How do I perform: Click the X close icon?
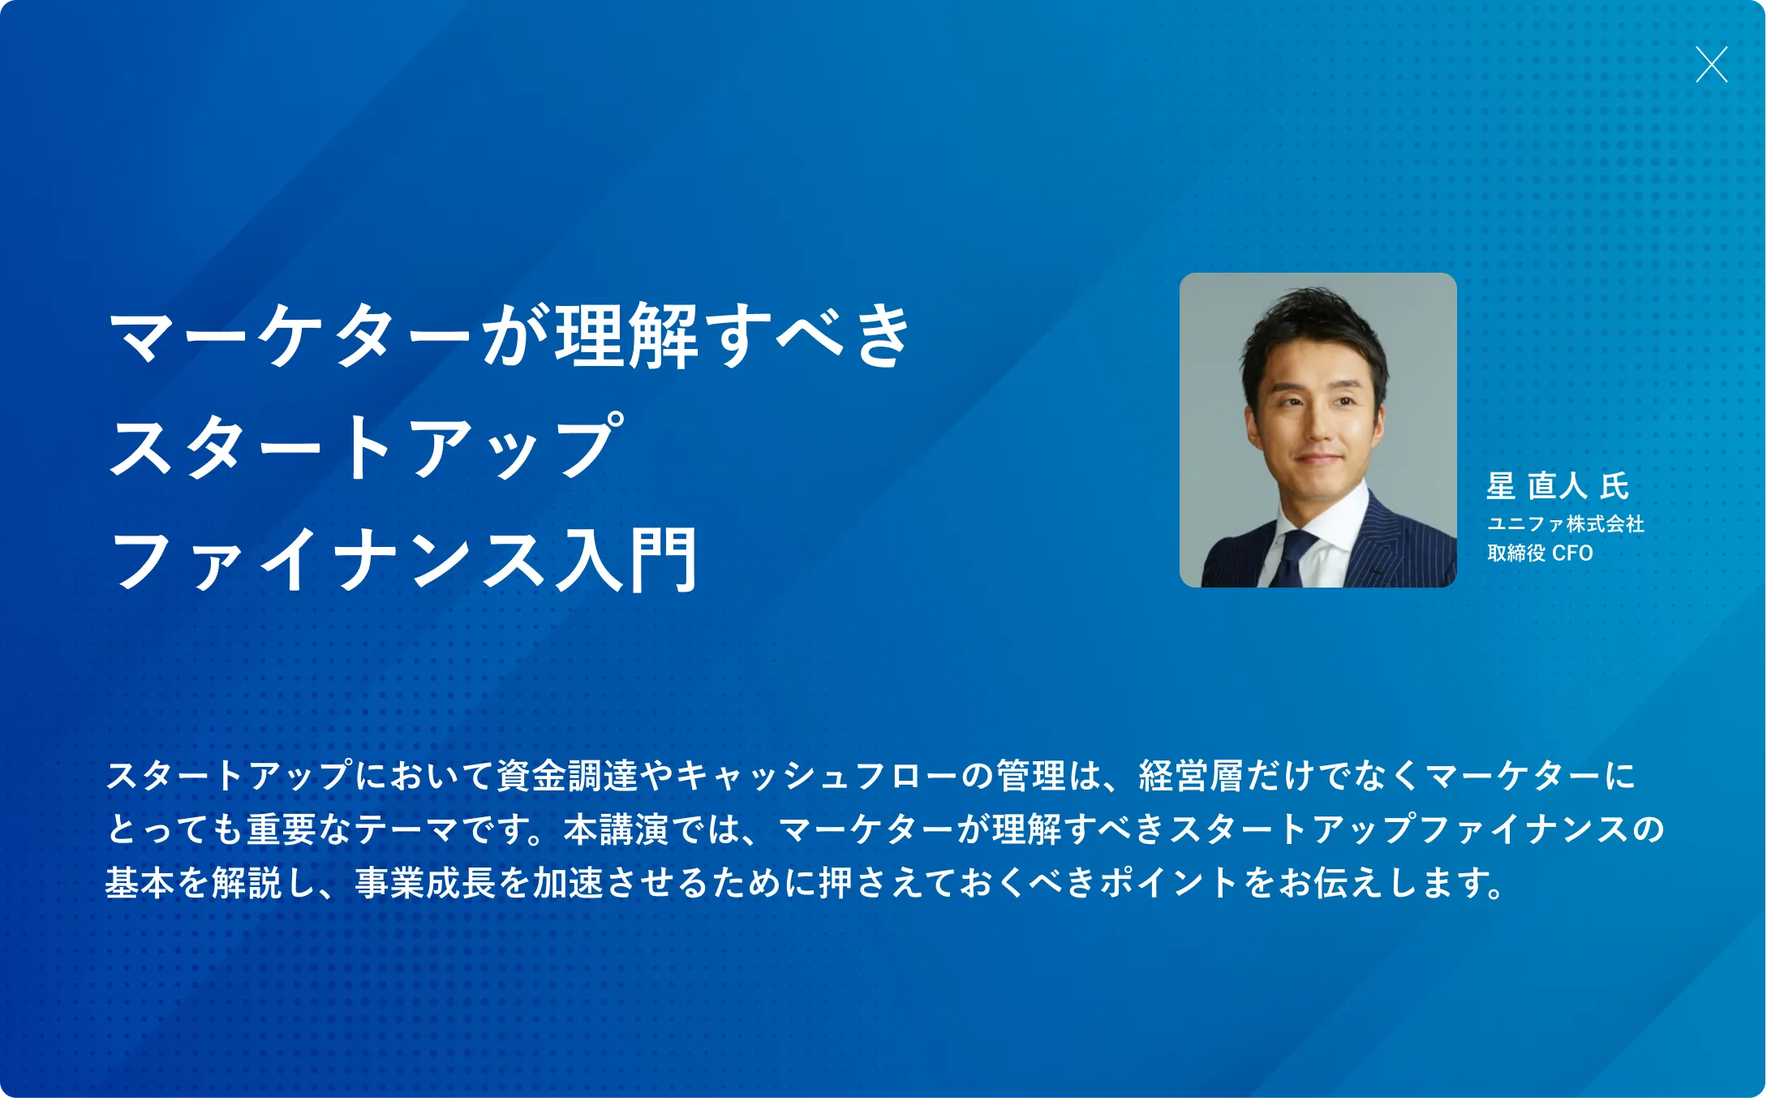pyautogui.click(x=1711, y=65)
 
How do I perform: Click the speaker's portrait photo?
pyautogui.click(x=1318, y=430)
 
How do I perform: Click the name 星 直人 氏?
pyautogui.click(x=1558, y=486)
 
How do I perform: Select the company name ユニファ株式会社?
pyautogui.click(x=1566, y=524)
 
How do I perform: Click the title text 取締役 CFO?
pyautogui.click(x=1540, y=553)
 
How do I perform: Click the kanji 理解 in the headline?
pyautogui.click(x=626, y=335)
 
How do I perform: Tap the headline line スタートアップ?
pyautogui.click(x=366, y=446)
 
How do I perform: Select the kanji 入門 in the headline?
pyautogui.click(x=626, y=559)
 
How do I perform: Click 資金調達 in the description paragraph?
pyautogui.click(x=567, y=776)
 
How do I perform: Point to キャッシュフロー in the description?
pyautogui.click(x=816, y=776)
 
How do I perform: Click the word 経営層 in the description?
pyautogui.click(x=1191, y=776)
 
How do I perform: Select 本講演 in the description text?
pyautogui.click(x=616, y=829)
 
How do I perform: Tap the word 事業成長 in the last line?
pyautogui.click(x=425, y=883)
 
